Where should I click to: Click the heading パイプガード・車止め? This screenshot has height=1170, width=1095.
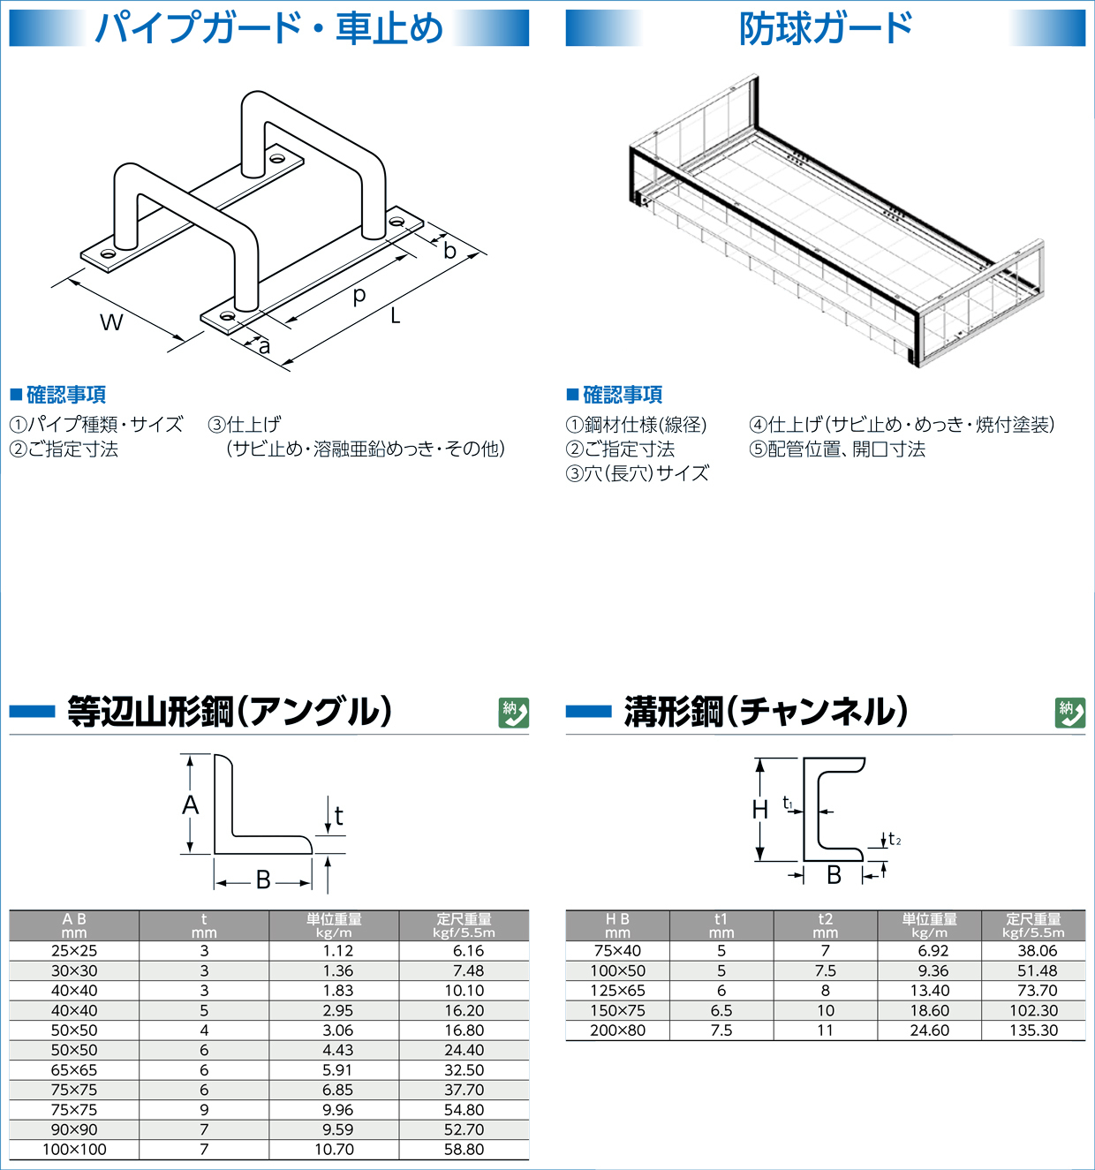point(268,28)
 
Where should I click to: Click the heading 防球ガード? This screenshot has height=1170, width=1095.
point(826,28)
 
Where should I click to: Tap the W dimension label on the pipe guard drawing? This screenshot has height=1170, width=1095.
point(111,322)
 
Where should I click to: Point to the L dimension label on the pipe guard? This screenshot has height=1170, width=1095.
point(395,315)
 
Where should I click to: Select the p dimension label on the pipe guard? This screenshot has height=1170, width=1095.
point(359,296)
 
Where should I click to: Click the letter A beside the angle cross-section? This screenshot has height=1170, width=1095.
point(191,804)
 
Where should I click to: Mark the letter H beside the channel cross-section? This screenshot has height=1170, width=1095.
point(759,808)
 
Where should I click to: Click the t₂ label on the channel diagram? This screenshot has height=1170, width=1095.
point(894,839)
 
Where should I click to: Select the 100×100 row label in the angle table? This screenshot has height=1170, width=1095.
point(74,1150)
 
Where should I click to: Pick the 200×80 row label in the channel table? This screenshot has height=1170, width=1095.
point(617,1030)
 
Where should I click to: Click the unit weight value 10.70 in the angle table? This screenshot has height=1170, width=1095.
point(334,1150)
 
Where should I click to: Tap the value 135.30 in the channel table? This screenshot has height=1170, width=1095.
point(1033,1030)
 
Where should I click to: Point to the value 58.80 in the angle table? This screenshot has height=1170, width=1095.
point(464,1150)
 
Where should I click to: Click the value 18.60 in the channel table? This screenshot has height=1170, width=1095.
point(929,1010)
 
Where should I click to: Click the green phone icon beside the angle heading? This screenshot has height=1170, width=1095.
point(514,713)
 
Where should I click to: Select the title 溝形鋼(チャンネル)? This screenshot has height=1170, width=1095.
point(766,712)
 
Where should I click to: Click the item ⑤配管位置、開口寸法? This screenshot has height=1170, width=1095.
point(837,449)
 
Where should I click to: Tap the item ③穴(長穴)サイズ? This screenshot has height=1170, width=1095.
point(637,473)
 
